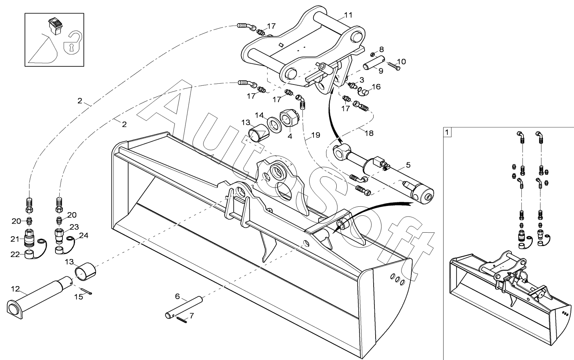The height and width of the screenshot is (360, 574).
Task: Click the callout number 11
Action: click(x=348, y=15)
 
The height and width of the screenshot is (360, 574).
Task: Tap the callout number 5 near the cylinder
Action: click(x=408, y=164)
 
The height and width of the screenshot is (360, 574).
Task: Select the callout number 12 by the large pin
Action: click(x=15, y=289)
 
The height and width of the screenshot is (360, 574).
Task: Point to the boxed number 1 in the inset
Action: click(x=447, y=132)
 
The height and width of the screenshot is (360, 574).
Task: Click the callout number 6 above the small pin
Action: click(x=177, y=296)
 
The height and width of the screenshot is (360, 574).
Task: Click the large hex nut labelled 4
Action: click(x=290, y=118)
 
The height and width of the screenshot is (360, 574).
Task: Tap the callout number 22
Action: click(x=15, y=254)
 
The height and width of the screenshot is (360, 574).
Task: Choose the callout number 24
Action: click(x=84, y=235)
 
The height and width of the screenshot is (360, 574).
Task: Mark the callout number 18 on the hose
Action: click(x=369, y=133)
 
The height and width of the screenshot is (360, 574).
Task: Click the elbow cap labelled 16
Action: click(x=364, y=92)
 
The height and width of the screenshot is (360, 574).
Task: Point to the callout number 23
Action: click(x=74, y=227)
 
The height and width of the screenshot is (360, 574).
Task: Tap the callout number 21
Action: click(x=15, y=239)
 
